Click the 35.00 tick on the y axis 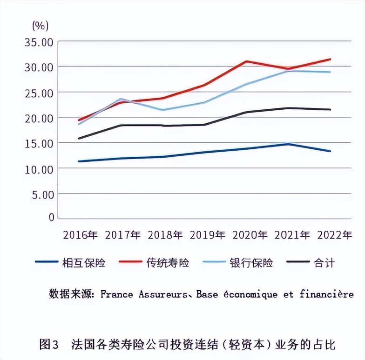pyautogui.click(x=39, y=42)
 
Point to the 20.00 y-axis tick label pyautogui.click(x=39, y=118)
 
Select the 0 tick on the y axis pyautogui.click(x=51, y=218)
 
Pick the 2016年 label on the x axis pyautogui.click(x=80, y=235)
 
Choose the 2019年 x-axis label pyautogui.click(x=208, y=235)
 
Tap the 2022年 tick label pyautogui.click(x=334, y=235)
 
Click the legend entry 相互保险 pyautogui.click(x=83, y=263)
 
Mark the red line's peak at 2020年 pyautogui.click(x=247, y=61)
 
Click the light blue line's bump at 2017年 pyautogui.click(x=121, y=99)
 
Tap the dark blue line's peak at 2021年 pyautogui.click(x=289, y=144)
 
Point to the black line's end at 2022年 pyautogui.click(x=330, y=110)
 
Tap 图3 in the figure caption pyautogui.click(x=48, y=345)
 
